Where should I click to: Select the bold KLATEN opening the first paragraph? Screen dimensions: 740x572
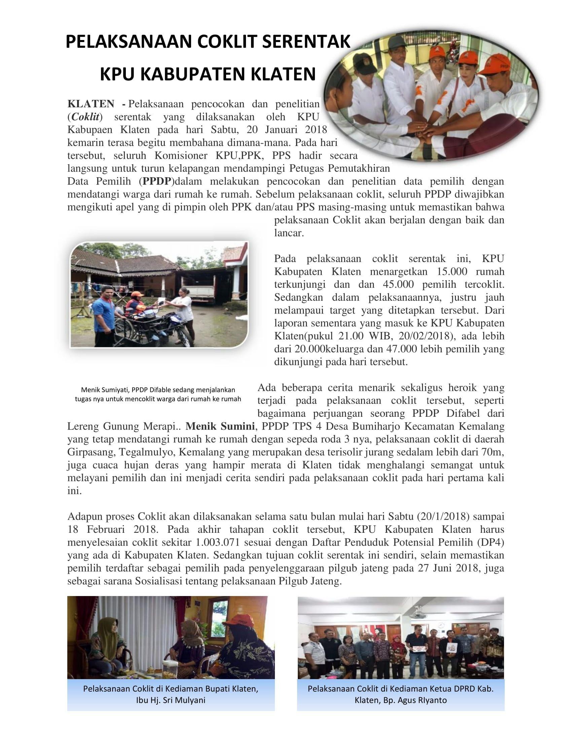(91, 104)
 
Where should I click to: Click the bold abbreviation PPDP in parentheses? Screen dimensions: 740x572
(156, 181)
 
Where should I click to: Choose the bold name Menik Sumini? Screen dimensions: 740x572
(220, 426)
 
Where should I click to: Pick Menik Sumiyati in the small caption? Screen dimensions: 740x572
(105, 390)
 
